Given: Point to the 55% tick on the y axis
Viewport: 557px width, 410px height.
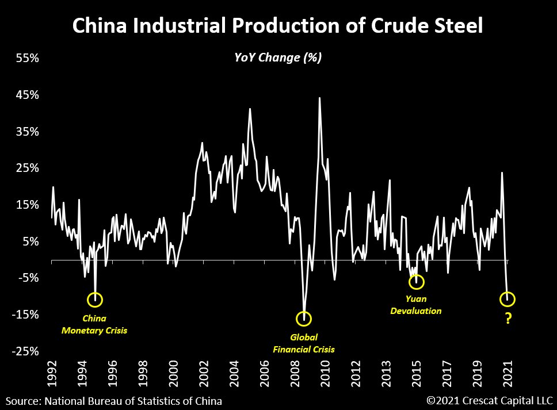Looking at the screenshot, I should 26,58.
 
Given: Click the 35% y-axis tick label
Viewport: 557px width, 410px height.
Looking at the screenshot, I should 26,132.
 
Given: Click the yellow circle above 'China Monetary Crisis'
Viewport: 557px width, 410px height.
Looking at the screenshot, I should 95,299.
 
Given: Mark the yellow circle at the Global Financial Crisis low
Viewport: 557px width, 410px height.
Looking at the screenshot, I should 304,318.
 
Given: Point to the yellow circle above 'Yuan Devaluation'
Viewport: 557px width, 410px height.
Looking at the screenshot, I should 417,282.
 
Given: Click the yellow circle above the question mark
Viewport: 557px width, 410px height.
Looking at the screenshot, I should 508,299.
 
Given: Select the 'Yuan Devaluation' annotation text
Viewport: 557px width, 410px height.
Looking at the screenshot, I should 416,305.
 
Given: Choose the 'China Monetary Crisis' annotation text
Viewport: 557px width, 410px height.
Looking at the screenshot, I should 94,324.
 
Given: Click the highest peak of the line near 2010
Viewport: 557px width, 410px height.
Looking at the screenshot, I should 319,98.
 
